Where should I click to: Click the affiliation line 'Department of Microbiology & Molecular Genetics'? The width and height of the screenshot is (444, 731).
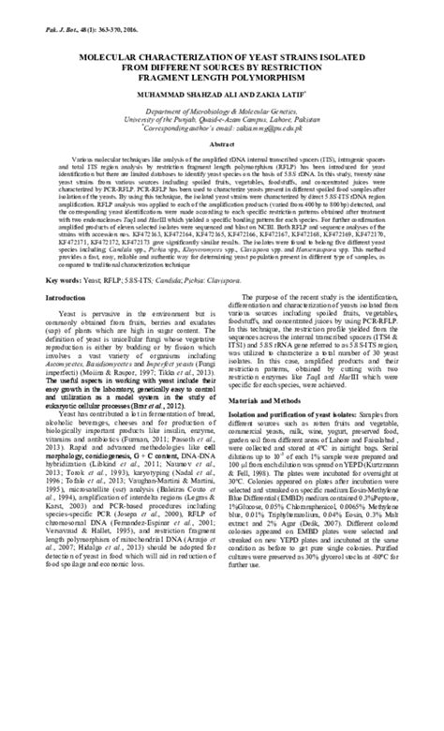(x=221, y=111)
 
